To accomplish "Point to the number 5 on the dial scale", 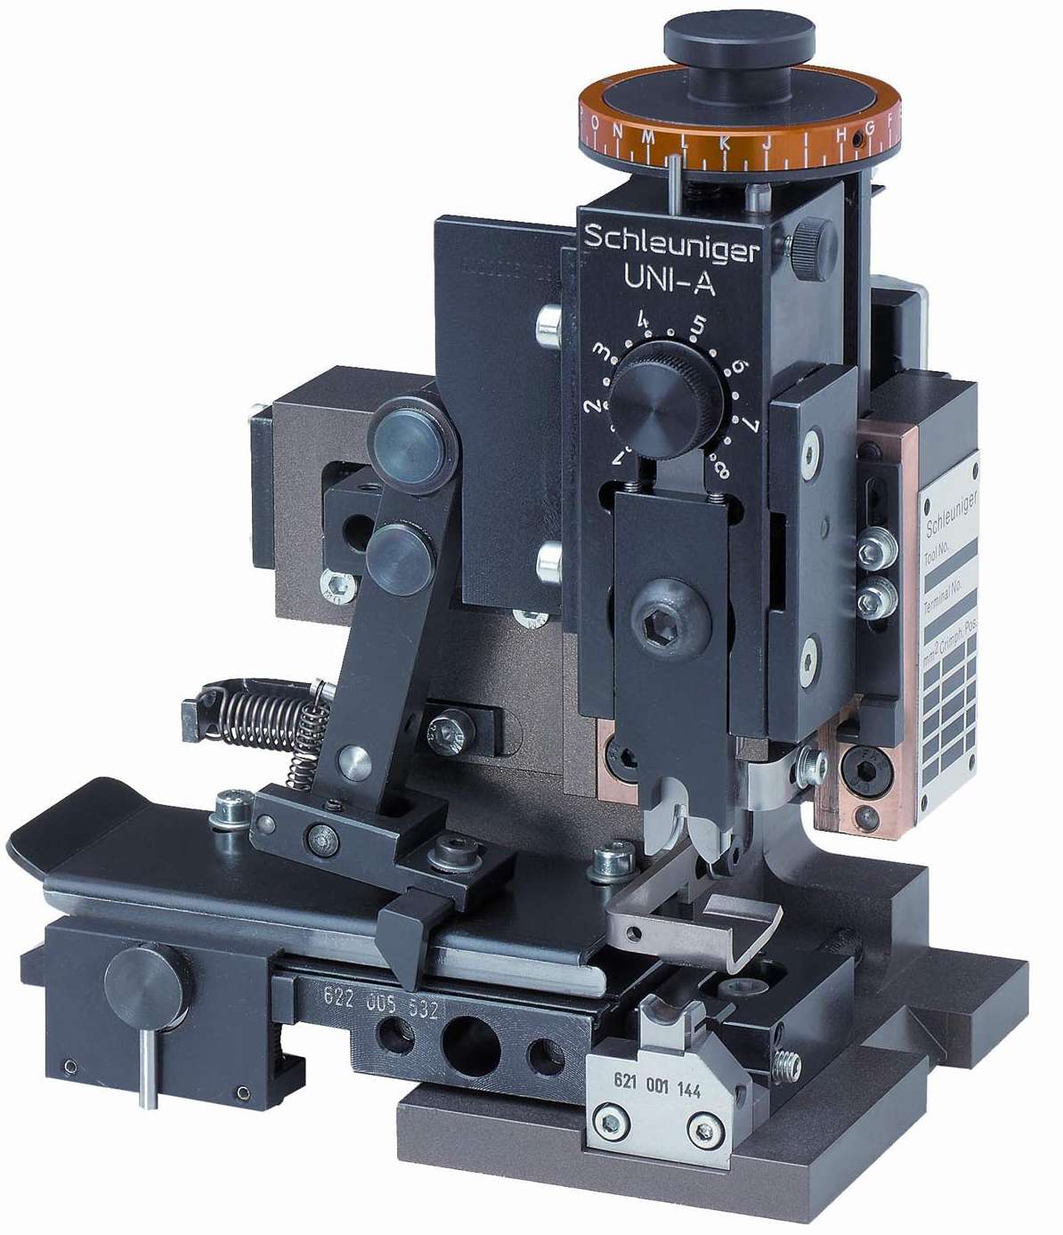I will pos(697,325).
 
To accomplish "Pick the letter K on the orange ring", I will pos(723,142).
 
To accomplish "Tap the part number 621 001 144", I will pos(657,1088).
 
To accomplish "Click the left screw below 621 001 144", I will pos(609,1125).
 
